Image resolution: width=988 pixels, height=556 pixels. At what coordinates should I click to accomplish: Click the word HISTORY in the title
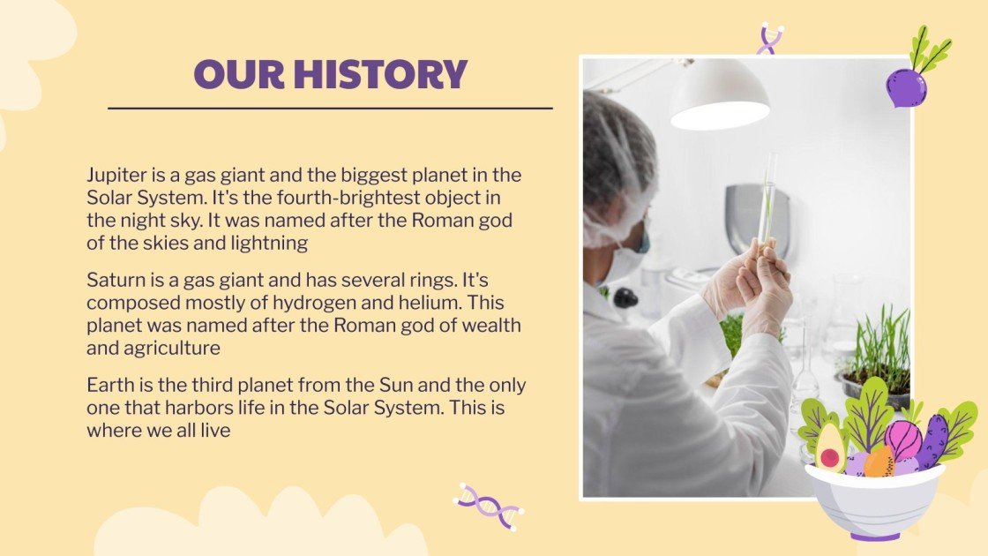[380, 74]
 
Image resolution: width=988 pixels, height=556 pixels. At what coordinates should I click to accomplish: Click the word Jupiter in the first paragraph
[116, 176]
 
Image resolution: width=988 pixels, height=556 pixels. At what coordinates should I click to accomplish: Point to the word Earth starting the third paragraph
[107, 385]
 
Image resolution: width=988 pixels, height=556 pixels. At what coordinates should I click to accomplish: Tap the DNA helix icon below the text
[489, 506]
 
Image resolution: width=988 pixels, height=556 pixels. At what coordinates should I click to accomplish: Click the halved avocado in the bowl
[830, 447]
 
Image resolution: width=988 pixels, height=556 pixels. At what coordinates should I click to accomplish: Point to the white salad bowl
[874, 501]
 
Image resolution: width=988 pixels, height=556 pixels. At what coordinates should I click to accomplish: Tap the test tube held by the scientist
[767, 199]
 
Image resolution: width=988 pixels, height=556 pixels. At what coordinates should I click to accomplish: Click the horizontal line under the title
[330, 109]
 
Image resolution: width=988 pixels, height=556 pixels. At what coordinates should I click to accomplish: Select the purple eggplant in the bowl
[932, 442]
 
